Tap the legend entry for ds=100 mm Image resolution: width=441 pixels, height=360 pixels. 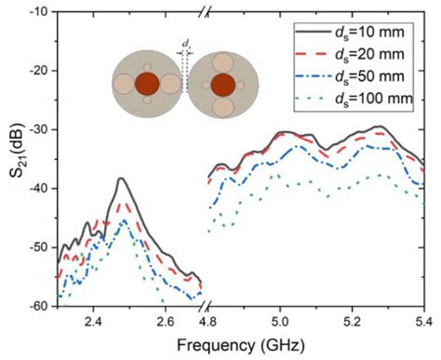pos(372,98)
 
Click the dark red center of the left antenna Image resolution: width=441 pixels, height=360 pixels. pos(146,85)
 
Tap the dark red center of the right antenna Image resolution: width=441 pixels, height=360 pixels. pos(222,85)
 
